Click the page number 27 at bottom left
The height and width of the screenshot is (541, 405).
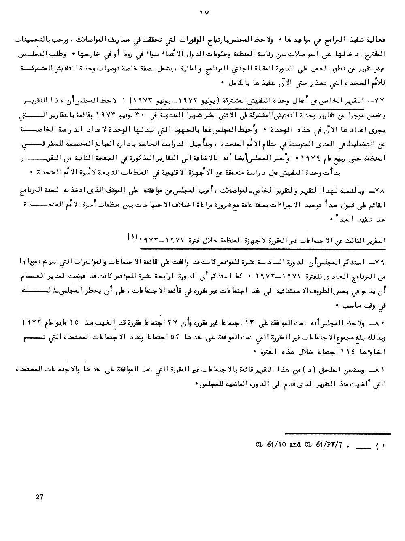tap(39, 497)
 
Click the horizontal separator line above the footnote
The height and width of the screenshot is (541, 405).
tap(338, 433)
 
